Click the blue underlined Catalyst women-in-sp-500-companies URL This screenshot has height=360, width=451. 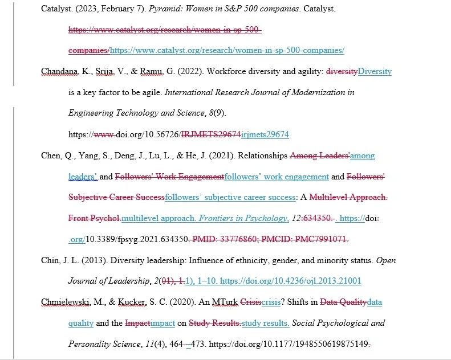click(x=227, y=50)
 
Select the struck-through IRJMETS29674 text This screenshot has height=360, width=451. click(x=210, y=134)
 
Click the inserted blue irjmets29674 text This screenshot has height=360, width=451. click(x=265, y=134)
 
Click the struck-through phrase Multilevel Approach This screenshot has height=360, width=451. click(x=348, y=198)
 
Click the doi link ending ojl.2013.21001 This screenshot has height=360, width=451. click(x=290, y=281)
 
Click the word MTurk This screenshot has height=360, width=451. click(x=226, y=302)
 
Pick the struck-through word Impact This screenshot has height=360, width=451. click(x=137, y=324)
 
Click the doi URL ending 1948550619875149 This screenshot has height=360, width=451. click(x=297, y=345)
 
